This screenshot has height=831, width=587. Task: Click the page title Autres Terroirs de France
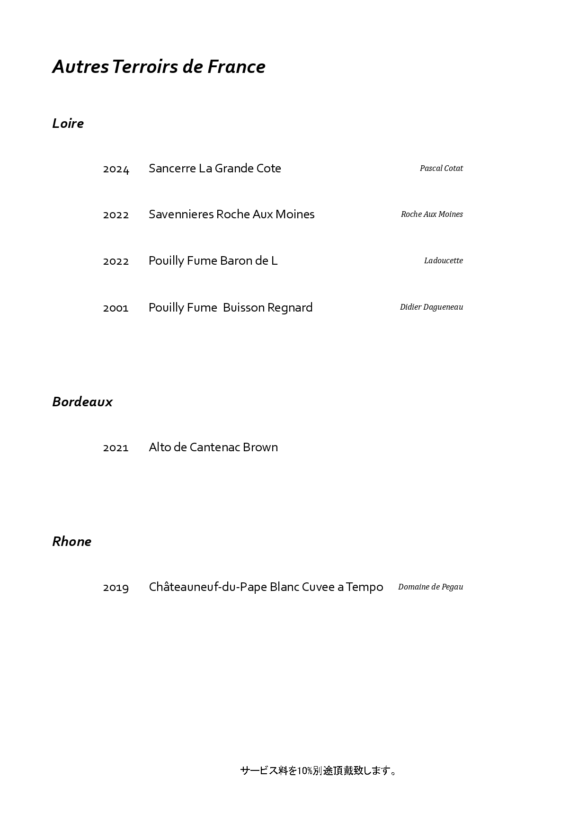[159, 67]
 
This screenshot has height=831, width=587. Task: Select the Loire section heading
[68, 124]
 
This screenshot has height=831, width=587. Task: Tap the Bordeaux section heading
[82, 402]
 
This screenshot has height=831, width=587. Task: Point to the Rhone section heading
[71, 542]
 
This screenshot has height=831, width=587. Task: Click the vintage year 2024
[116, 169]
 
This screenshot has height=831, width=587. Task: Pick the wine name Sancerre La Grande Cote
[214, 169]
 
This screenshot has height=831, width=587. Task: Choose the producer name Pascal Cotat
[441, 169]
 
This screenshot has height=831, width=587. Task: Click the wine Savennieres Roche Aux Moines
[231, 214]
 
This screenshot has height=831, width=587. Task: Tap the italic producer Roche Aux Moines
[432, 214]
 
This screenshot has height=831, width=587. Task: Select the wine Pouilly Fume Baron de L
[213, 261]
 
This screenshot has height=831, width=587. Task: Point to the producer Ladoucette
[443, 261]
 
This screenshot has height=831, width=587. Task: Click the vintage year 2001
[116, 308]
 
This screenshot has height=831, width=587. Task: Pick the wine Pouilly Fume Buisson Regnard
[231, 308]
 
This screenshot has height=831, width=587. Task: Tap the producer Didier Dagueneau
[431, 307]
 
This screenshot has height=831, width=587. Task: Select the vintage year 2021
[116, 448]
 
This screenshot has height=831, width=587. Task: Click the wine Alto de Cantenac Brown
[213, 447]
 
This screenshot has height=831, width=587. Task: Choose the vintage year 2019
[116, 588]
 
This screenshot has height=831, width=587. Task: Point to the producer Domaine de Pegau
[430, 587]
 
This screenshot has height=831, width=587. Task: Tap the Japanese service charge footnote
[318, 771]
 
